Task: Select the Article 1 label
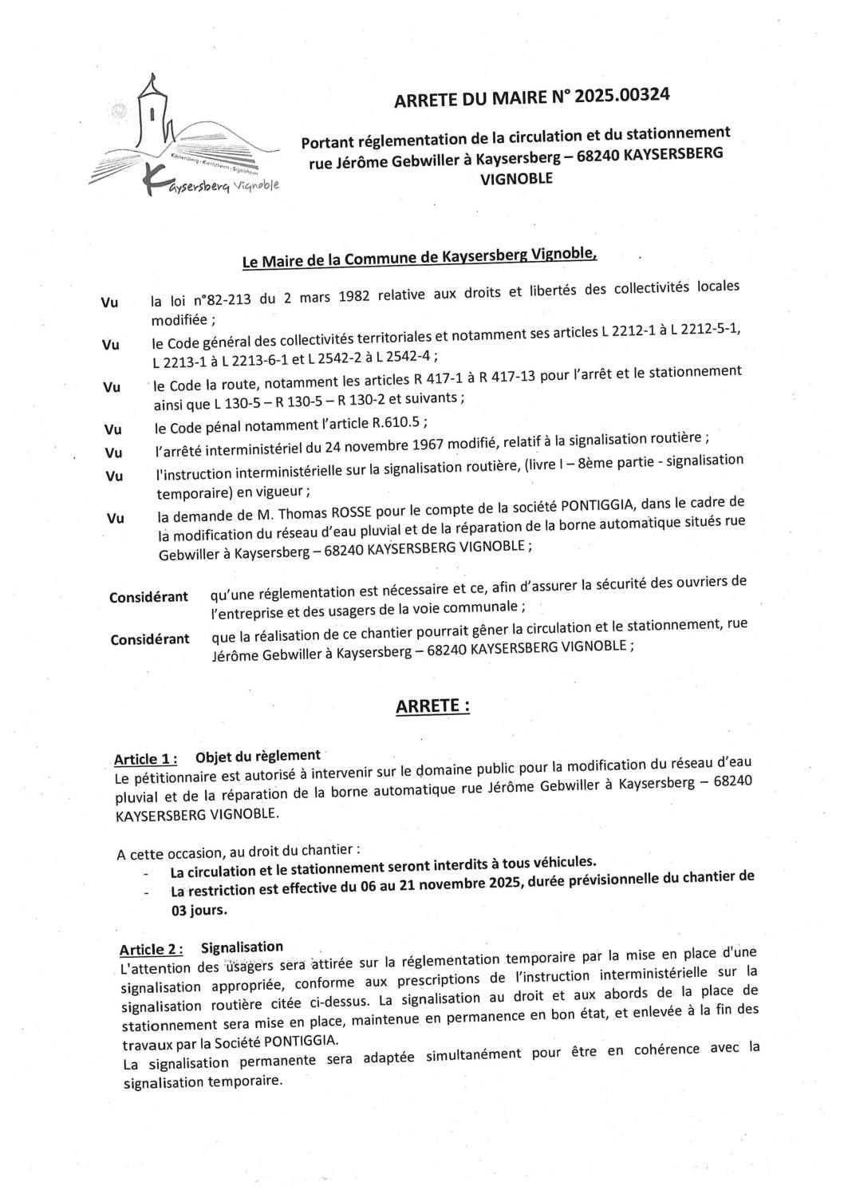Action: [145, 758]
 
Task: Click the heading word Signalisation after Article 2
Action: [242, 947]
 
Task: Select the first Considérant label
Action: [148, 597]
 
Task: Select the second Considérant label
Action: [150, 639]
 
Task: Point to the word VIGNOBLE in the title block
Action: [515, 179]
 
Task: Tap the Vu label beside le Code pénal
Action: [112, 429]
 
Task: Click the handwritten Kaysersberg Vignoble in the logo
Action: [211, 188]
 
